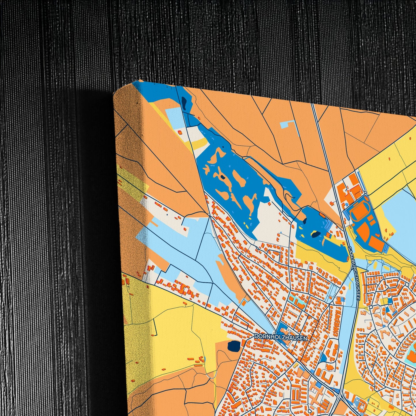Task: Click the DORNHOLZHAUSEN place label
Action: [x=281, y=338]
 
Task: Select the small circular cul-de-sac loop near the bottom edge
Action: [x=309, y=411]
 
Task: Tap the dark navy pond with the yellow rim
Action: [x=316, y=234]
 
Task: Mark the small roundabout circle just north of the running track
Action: [x=365, y=192]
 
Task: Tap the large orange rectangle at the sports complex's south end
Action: [x=377, y=244]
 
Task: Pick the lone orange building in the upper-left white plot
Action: [x=180, y=132]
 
